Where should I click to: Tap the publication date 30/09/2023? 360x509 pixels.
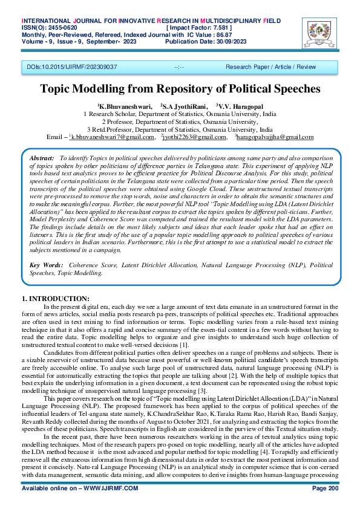[227, 42]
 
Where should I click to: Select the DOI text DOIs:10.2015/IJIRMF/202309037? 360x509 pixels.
[72, 66]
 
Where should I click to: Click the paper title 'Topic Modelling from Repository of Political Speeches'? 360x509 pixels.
[179, 89]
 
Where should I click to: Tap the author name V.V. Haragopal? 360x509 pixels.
[241, 106]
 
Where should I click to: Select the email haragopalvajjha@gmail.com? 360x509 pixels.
[275, 137]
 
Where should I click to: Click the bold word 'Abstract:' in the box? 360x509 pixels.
[42, 157]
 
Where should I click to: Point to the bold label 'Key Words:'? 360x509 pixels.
[46, 265]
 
